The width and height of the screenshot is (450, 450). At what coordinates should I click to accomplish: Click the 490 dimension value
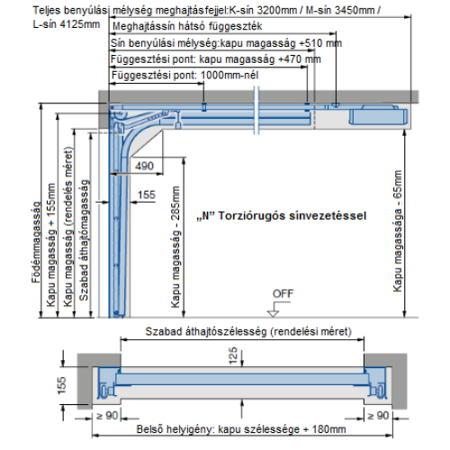(144, 166)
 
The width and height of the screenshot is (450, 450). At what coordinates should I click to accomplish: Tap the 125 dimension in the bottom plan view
(233, 355)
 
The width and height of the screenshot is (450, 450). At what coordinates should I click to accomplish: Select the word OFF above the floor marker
(283, 293)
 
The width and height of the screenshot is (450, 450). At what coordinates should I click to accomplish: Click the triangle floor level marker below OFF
(273, 313)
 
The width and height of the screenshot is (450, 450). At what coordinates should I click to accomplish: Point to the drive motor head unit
(378, 115)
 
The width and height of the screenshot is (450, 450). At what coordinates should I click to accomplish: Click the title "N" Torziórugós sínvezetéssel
(282, 216)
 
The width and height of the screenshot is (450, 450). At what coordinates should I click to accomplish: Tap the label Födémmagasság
(36, 242)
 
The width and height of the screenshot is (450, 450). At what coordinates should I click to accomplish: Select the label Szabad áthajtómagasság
(84, 240)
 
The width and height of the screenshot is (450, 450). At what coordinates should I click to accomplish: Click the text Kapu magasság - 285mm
(175, 247)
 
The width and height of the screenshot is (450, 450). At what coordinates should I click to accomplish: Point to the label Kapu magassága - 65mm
(398, 231)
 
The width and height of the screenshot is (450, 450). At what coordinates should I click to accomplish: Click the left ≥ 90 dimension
(107, 416)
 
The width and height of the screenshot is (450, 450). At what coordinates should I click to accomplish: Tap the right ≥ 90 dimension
(378, 416)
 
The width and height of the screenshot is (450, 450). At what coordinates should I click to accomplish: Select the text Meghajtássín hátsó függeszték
(187, 26)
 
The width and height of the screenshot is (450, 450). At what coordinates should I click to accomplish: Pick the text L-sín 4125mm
(67, 24)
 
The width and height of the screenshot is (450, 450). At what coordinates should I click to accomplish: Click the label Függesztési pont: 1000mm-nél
(184, 75)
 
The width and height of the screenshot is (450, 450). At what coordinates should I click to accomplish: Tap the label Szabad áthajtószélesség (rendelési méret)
(248, 331)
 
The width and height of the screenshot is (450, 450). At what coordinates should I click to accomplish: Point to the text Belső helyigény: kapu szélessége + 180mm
(241, 429)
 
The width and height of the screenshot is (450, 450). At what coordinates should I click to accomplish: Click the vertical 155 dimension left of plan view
(61, 385)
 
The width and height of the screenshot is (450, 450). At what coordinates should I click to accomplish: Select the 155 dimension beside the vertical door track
(147, 194)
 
